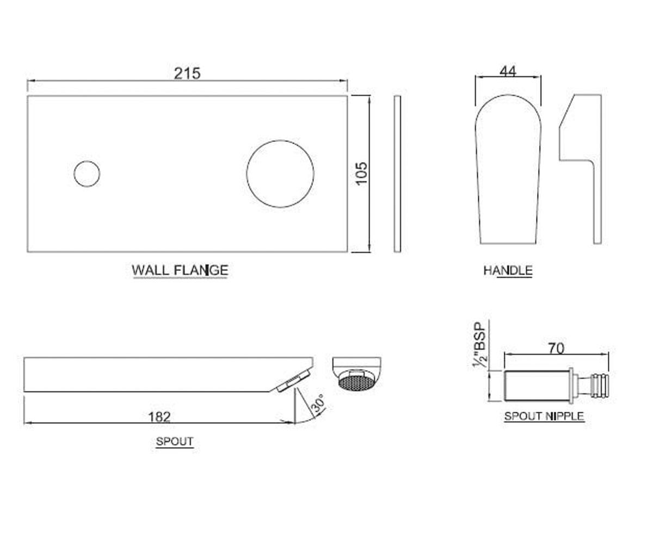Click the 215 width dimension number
click(187, 74)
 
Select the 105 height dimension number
click(362, 174)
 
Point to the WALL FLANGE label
click(180, 270)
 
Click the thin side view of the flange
click(397, 174)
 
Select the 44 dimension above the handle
click(508, 72)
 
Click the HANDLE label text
click(508, 270)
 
